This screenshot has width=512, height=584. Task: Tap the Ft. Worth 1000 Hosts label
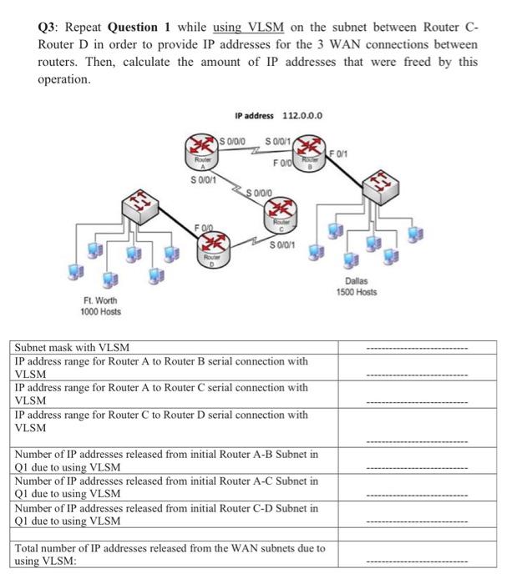pos(101,305)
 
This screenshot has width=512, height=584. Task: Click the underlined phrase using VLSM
pos(249,26)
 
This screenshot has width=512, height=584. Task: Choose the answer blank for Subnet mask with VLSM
pos(420,348)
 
